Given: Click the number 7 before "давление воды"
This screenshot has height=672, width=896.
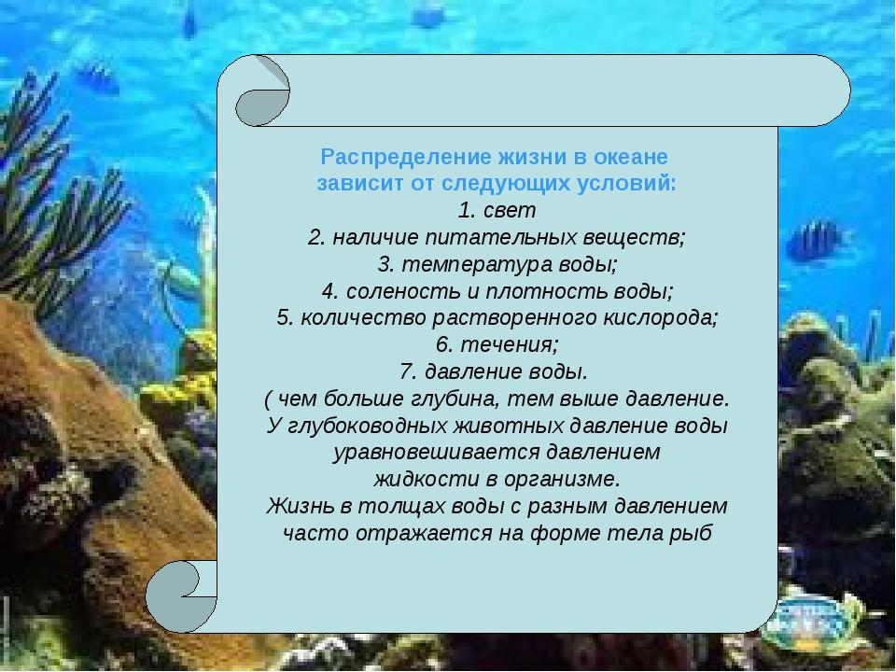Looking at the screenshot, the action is point(408,372).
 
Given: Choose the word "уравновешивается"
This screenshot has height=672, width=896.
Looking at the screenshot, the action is point(437,453).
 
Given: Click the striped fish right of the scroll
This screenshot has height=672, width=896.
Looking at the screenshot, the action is point(816,243).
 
